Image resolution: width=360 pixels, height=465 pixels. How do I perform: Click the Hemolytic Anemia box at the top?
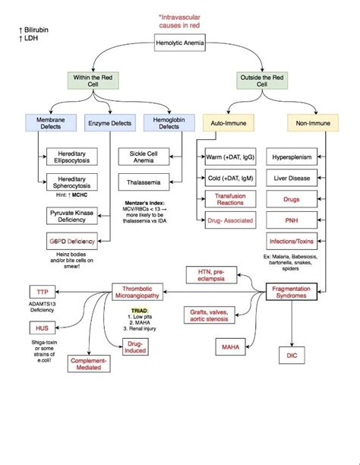coord(180,44)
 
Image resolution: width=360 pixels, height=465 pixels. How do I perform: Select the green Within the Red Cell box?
coord(93,81)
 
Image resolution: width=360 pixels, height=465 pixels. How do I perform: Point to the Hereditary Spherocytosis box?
coord(67,182)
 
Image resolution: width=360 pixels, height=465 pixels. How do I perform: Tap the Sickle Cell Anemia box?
coord(144,157)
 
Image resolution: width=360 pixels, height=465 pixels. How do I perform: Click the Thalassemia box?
coord(144,182)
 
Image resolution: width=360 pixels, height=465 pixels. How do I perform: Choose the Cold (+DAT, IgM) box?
coord(229,178)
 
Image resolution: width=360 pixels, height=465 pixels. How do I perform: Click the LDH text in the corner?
coord(31,38)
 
